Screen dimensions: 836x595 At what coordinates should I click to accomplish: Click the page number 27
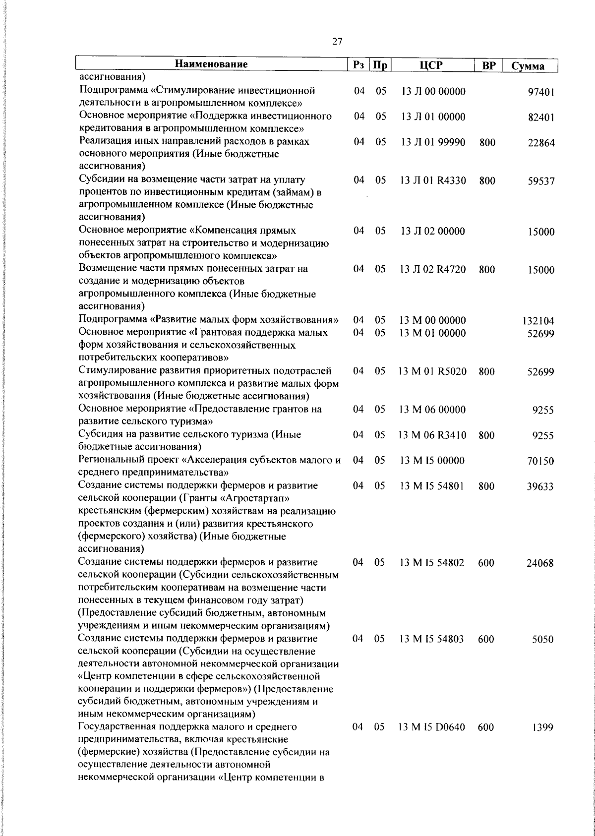tap(337, 42)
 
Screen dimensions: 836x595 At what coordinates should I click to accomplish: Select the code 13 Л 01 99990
tap(432, 142)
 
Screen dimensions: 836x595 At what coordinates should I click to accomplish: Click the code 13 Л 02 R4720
tap(432, 270)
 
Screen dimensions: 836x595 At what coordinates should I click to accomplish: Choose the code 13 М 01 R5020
tap(432, 371)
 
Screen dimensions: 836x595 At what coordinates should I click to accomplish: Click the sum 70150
tap(540, 462)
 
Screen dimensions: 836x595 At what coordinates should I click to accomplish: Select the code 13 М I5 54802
tap(432, 563)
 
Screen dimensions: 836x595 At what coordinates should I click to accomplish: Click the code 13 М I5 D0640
tap(432, 728)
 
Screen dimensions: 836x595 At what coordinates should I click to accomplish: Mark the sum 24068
tap(540, 564)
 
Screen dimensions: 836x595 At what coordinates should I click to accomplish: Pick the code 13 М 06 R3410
tap(432, 436)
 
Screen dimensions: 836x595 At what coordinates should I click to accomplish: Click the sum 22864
tap(540, 143)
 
